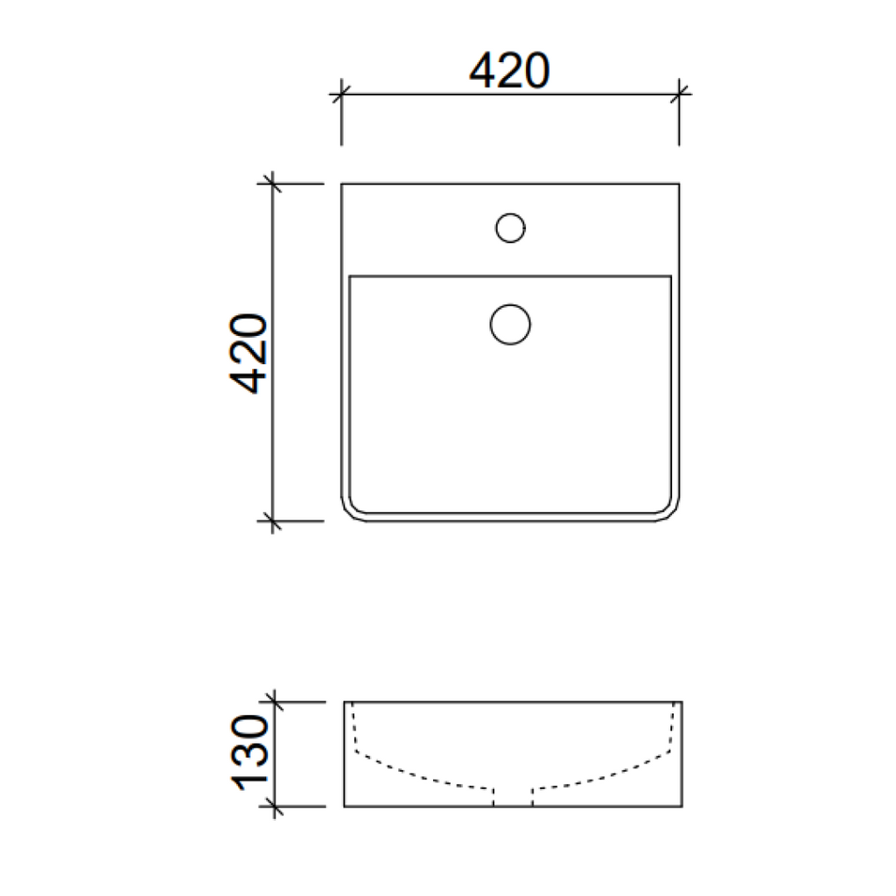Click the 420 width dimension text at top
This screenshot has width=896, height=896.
tap(509, 70)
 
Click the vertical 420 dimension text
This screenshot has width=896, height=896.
tap(248, 353)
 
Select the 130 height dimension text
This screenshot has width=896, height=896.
tap(249, 752)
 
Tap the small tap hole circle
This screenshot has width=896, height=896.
tap(510, 228)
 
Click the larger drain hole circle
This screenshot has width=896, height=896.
tap(510, 325)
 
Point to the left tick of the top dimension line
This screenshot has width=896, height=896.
tap(341, 94)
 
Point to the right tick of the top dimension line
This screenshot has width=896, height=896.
tap(679, 94)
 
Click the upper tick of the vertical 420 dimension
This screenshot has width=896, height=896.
tap(273, 184)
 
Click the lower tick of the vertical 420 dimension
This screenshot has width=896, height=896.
tap(273, 521)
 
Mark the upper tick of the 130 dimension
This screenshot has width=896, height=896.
tap(274, 702)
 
